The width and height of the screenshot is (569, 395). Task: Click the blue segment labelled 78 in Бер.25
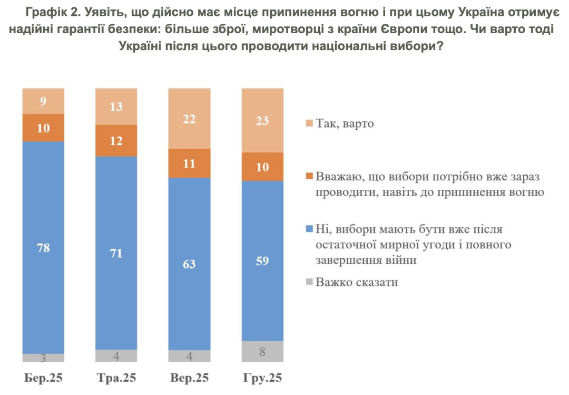43,247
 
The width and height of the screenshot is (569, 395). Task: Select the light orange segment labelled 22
189,119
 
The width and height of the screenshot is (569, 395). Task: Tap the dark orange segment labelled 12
116,141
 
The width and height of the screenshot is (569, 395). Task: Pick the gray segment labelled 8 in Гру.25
262,351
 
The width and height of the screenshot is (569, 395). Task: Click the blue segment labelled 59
262,261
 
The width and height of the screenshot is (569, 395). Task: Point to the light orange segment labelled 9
43,101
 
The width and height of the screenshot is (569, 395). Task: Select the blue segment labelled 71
116,253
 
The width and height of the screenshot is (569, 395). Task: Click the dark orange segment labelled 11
189,163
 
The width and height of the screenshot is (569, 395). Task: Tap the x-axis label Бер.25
43,378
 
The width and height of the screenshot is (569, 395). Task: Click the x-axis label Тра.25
116,378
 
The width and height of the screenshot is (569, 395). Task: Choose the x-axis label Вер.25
189,378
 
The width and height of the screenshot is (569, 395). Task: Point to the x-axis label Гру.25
262,378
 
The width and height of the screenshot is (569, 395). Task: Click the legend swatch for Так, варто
309,124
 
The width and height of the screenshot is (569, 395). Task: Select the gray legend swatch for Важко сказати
309,282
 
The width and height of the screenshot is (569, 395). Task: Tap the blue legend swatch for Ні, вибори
309,229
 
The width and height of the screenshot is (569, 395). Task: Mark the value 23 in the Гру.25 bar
262,121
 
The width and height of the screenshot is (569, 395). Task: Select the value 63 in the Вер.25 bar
189,264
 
